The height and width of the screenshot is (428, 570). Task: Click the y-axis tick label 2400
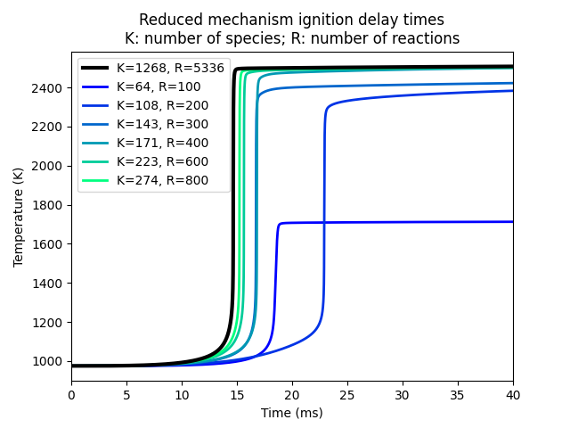(x=49, y=88)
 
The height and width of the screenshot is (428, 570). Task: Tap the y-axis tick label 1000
(x=49, y=362)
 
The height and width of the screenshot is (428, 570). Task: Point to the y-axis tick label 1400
(x=49, y=284)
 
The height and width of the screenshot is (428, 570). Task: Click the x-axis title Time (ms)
(x=292, y=413)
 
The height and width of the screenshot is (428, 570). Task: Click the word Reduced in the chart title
(x=166, y=20)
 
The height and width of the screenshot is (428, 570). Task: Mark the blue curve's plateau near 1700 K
(x=401, y=222)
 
